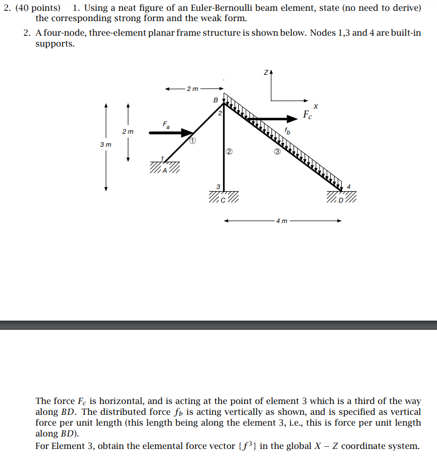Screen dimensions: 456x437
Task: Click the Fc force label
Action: click(308, 115)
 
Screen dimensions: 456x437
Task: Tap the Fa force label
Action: click(166, 125)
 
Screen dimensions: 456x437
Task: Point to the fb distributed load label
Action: click(288, 131)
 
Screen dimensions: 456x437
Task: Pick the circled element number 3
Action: click(277, 152)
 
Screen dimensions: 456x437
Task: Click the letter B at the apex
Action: click(216, 100)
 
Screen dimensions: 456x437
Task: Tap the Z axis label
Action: click(266, 72)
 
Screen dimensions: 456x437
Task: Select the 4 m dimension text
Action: click(282, 221)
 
